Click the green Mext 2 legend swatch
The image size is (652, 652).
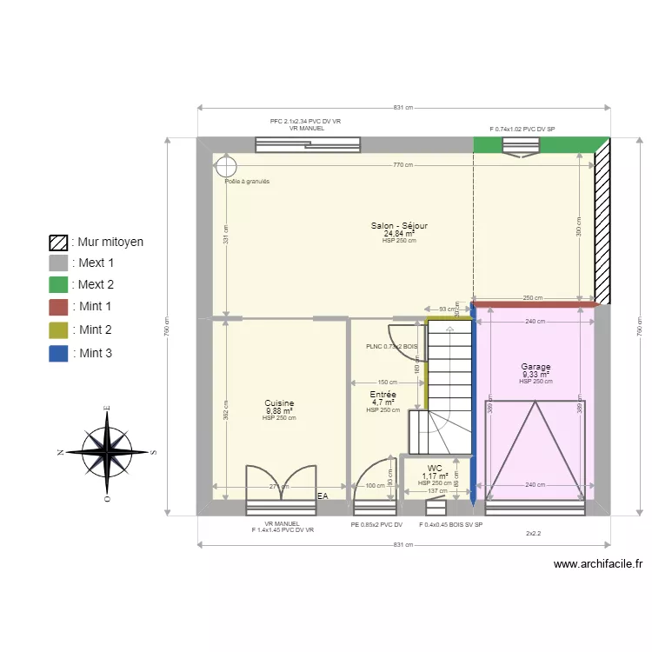[x=58, y=284]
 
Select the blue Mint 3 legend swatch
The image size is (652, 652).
[x=58, y=353]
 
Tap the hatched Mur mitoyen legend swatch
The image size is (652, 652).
[x=58, y=242]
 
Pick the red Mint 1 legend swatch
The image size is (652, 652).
[x=58, y=307]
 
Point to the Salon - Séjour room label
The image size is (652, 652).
[x=399, y=226]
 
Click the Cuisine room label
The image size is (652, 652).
[x=279, y=403]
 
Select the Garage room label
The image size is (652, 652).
[x=536, y=367]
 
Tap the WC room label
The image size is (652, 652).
[x=435, y=468]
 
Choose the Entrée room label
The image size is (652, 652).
[x=383, y=394]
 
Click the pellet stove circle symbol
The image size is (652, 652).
[x=226, y=165]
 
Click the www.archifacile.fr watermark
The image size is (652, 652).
[x=598, y=563]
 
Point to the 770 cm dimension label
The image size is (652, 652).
[x=402, y=165]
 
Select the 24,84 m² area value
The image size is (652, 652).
[x=399, y=234]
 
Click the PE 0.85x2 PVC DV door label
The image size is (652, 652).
[x=376, y=525]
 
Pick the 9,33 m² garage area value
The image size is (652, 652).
[x=536, y=375]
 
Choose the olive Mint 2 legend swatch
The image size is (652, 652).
[x=58, y=330]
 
